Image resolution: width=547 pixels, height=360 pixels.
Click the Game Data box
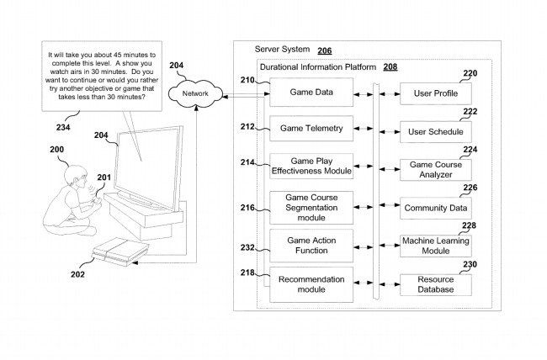click(311, 93)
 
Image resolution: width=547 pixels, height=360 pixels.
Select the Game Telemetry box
click(311, 129)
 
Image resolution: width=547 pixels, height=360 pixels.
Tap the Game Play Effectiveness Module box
click(311, 166)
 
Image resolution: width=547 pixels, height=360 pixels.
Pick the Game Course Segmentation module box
click(311, 207)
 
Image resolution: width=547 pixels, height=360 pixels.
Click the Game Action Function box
click(311, 245)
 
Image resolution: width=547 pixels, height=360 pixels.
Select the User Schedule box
click(434, 132)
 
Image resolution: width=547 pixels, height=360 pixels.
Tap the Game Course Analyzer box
click(434, 169)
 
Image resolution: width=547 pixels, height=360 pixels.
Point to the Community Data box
click(434, 207)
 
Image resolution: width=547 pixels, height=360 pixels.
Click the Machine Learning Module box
click(434, 245)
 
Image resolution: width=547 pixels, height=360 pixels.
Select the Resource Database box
click(434, 283)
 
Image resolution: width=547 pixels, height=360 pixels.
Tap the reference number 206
click(324, 50)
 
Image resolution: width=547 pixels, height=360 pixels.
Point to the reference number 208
click(390, 66)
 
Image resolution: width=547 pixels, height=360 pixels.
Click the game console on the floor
click(117, 249)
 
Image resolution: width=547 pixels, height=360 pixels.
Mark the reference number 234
click(62, 128)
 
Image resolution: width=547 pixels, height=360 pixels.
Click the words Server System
click(283, 50)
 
